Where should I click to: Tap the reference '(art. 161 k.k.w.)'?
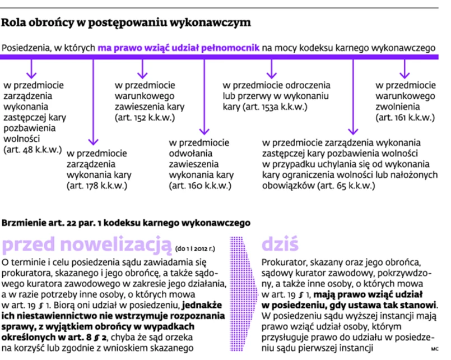405,118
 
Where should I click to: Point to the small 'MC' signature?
434,349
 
